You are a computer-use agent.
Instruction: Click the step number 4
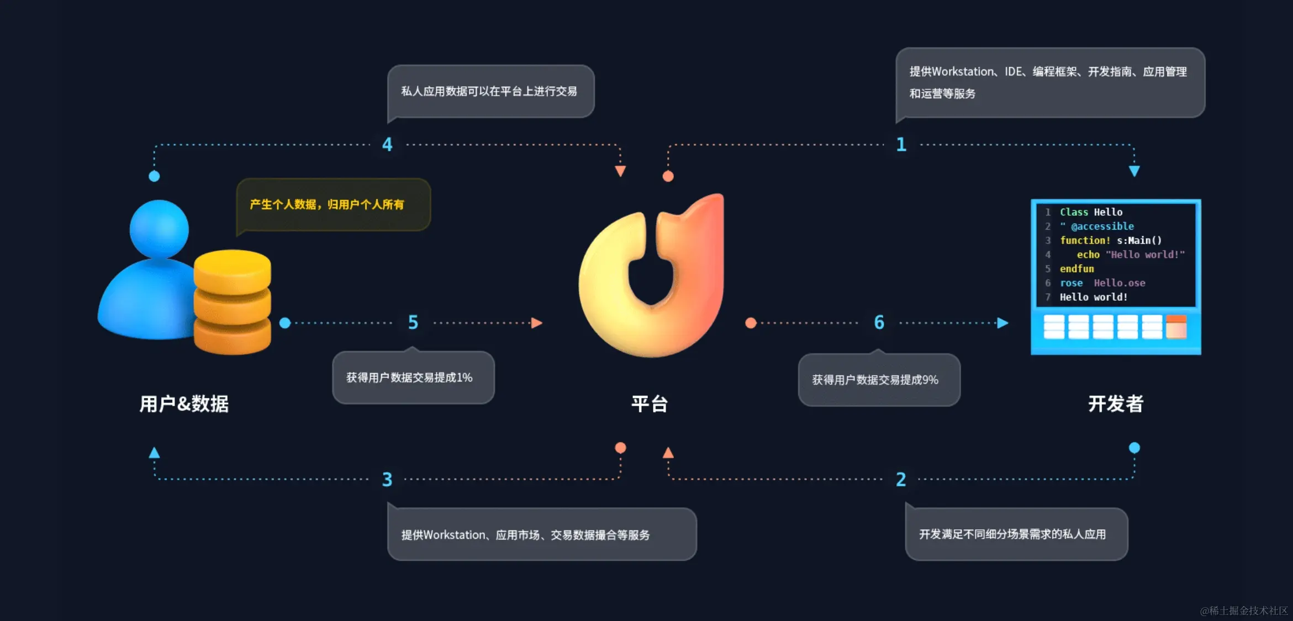[x=387, y=145]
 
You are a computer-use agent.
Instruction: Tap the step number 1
[x=901, y=145]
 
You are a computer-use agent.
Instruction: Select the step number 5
[x=413, y=322]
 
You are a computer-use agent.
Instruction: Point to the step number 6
[x=879, y=322]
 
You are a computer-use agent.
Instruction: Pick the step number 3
[x=387, y=479]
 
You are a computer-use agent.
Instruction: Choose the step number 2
[x=901, y=479]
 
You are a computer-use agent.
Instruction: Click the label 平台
[x=650, y=404]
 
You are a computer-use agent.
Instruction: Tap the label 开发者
[x=1116, y=404]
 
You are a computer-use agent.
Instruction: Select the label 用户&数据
[x=184, y=404]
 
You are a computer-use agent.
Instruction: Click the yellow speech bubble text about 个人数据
[x=327, y=205]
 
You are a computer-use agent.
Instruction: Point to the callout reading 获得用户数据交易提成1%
[x=409, y=378]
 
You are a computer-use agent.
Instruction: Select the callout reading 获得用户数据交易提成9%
[x=875, y=380]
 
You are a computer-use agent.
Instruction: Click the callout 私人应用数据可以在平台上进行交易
[x=489, y=92]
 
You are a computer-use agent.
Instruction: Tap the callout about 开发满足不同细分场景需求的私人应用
[x=1012, y=534]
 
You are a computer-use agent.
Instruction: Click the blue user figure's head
[x=159, y=229]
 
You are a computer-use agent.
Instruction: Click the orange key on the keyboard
[x=1176, y=327]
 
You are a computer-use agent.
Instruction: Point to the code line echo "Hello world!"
[x=1130, y=254]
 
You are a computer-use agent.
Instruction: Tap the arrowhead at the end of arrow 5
[x=536, y=323]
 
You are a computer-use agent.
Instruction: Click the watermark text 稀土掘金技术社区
[x=1244, y=611]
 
